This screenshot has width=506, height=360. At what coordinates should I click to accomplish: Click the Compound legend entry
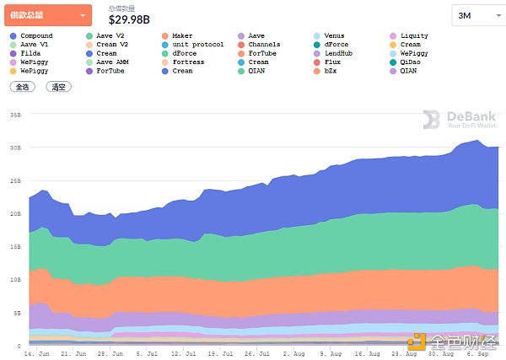click(x=35, y=36)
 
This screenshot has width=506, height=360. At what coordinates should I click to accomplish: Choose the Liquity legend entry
click(x=413, y=36)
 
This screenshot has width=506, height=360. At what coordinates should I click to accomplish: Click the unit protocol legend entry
click(x=197, y=45)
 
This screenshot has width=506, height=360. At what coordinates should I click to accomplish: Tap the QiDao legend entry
click(x=411, y=62)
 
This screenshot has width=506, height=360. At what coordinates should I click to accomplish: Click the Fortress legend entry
click(x=188, y=62)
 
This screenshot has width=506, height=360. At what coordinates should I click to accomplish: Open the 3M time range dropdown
click(x=476, y=16)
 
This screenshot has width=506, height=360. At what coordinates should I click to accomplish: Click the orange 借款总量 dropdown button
click(x=47, y=15)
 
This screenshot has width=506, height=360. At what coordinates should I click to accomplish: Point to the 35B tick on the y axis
click(x=16, y=114)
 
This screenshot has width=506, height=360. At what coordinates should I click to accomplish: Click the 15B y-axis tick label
click(x=16, y=246)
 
